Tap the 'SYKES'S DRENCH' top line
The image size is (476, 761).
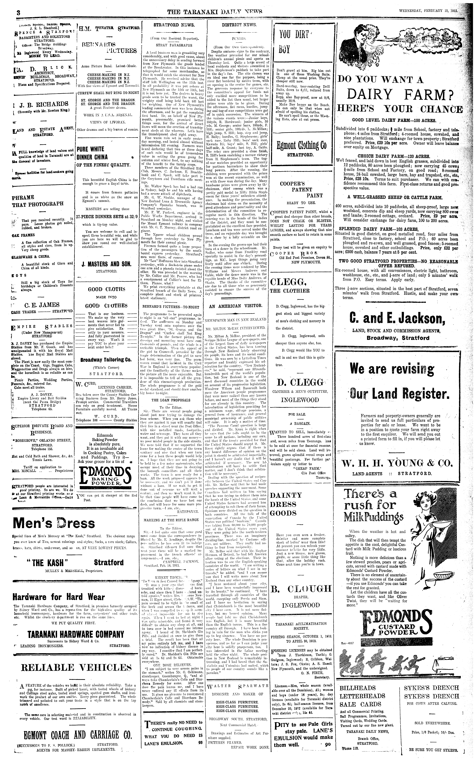click(431, 688)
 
